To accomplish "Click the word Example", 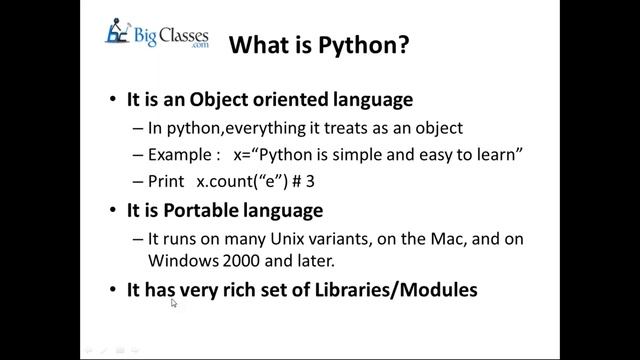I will pos(183,156).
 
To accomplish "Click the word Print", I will pos(167,183).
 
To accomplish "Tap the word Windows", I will pos(181,261).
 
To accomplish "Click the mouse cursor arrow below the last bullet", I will pos(174,303).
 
